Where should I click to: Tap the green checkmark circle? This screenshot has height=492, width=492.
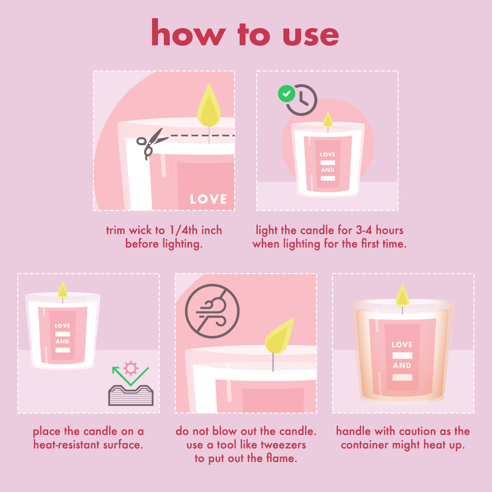(286, 93)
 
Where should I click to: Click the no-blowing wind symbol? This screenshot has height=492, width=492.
(212, 311)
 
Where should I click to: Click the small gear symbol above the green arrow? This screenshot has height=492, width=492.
(131, 368)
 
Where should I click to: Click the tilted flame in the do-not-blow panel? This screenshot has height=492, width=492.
(279, 336)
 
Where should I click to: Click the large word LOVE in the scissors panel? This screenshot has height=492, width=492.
(208, 199)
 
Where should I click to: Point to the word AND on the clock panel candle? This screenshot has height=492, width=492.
(328, 170)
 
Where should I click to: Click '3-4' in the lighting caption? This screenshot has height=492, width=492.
(364, 230)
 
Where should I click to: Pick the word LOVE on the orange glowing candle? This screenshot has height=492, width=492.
(402, 344)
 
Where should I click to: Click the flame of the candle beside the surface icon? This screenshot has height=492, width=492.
(62, 290)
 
